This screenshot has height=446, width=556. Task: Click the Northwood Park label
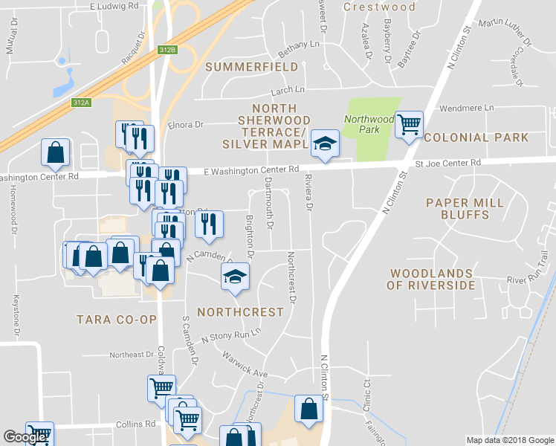[369, 124]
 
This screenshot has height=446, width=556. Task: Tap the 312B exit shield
[167, 50]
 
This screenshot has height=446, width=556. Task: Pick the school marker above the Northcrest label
[236, 278]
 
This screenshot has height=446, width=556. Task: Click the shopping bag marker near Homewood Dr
[56, 152]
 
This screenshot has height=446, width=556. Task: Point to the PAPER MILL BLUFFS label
[465, 208]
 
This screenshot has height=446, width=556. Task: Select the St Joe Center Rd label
[447, 162]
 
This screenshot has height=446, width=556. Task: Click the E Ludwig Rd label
[114, 5]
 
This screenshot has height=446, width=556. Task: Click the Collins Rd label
[136, 424]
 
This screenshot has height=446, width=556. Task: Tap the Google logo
[25, 438]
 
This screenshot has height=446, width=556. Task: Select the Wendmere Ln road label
[467, 108]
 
